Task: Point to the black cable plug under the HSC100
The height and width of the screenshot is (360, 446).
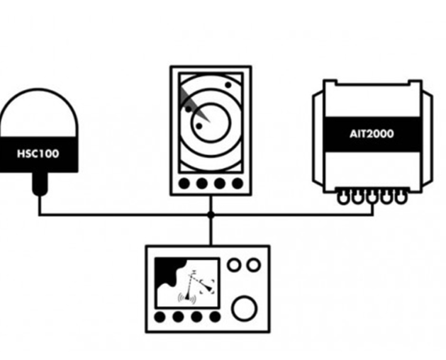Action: [39, 186]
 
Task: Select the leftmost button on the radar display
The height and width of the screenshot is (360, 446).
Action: [185, 184]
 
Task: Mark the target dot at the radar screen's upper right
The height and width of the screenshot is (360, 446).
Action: [228, 85]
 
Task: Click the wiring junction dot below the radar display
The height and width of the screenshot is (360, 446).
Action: [211, 214]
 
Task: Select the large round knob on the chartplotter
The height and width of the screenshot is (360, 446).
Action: [245, 309]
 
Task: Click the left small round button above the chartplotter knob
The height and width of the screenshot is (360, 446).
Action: [234, 264]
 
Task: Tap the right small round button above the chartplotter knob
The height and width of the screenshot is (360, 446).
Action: [253, 264]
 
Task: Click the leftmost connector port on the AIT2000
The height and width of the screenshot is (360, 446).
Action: [344, 199]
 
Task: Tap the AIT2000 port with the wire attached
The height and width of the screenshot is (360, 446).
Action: [372, 199]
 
